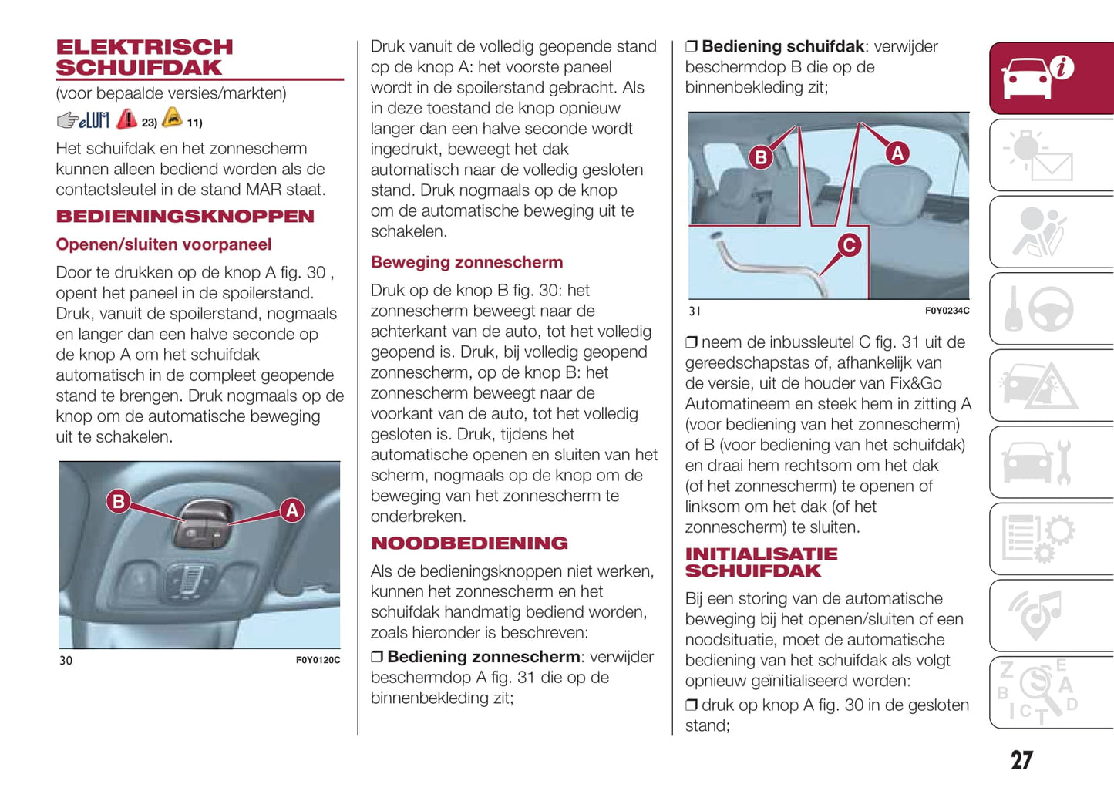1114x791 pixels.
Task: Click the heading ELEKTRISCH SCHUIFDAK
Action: pos(143,58)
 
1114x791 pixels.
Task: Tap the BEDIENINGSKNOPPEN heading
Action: pos(185,217)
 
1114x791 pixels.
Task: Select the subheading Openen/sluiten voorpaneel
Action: pos(163,245)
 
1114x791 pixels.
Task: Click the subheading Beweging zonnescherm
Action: pos(466,263)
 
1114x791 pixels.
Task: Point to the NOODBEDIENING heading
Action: pos(469,544)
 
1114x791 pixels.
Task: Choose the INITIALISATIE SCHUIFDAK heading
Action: pos(760,563)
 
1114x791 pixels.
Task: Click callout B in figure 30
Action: pos(118,502)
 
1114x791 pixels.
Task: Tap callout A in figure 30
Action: pos(292,510)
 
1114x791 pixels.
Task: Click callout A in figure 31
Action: pos(897,153)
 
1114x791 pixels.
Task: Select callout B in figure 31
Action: pos(761,157)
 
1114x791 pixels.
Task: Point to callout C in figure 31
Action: pos(849,245)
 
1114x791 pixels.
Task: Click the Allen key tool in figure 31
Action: pos(771,266)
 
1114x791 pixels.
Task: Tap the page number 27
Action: pos(1021,760)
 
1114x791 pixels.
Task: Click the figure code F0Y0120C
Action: pos(318,661)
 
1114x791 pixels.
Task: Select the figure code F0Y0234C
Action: pos(947,311)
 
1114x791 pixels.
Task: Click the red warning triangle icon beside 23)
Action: pos(127,119)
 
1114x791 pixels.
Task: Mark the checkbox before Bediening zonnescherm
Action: pos(377,657)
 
